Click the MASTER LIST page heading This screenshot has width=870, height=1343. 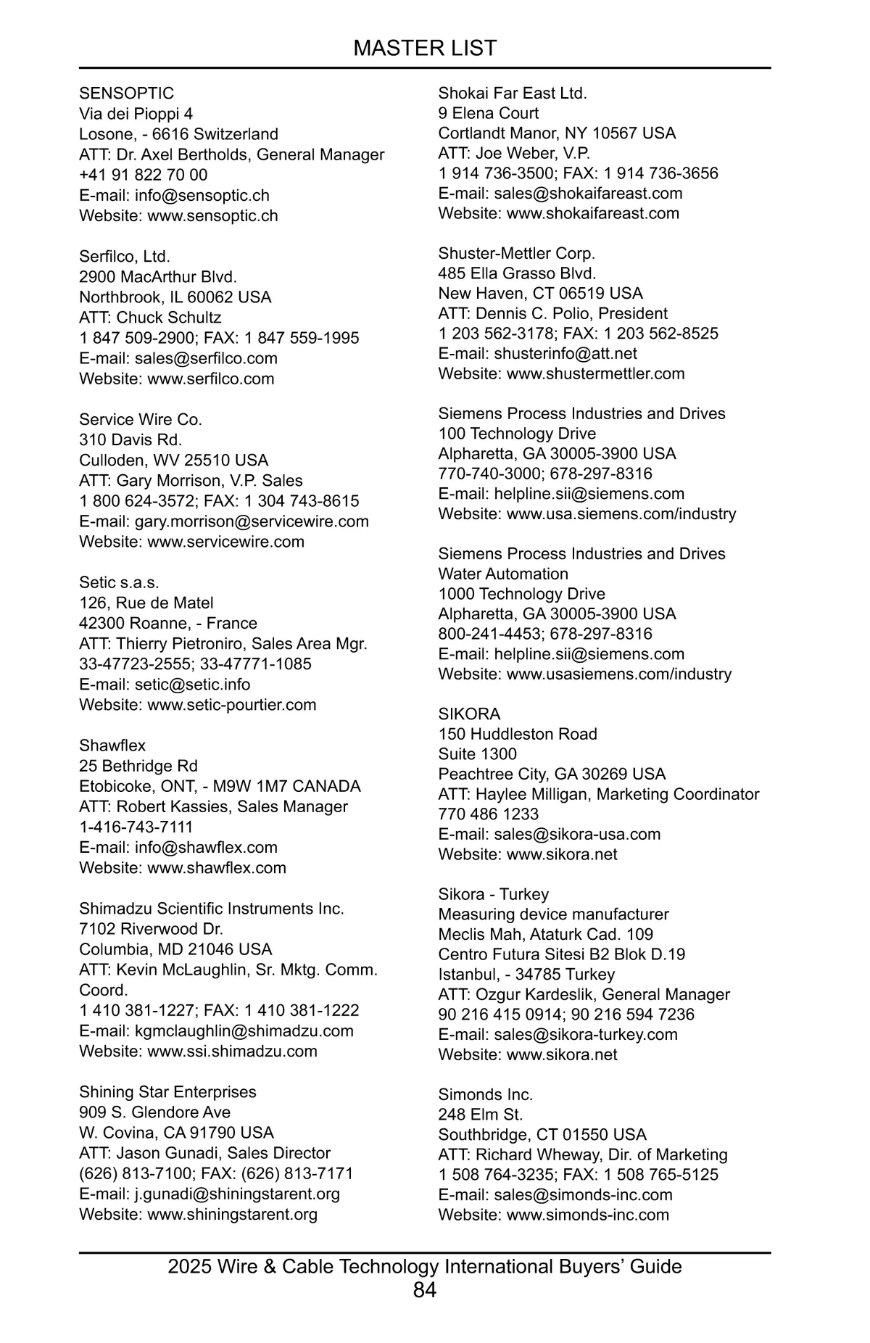pyautogui.click(x=425, y=48)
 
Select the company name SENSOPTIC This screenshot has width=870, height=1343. pyautogui.click(x=126, y=94)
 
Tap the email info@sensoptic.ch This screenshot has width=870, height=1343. pyautogui.click(x=202, y=195)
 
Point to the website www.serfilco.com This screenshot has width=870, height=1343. pyautogui.click(x=210, y=379)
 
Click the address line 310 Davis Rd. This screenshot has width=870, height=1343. pyautogui.click(x=130, y=439)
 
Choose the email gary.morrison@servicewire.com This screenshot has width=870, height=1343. pyautogui.click(x=252, y=521)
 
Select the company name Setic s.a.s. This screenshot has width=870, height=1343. pyautogui.click(x=119, y=582)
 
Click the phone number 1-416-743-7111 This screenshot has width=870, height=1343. pyautogui.click(x=136, y=827)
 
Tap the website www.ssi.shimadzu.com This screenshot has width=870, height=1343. pyautogui.click(x=232, y=1051)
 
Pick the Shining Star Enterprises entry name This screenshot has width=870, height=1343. pyautogui.click(x=167, y=1091)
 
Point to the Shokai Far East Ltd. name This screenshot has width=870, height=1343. pyautogui.click(x=513, y=93)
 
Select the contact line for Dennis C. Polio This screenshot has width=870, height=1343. pyautogui.click(x=552, y=313)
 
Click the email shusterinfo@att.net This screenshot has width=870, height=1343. pyautogui.click(x=565, y=353)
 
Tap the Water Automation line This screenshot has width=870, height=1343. pyautogui.click(x=503, y=574)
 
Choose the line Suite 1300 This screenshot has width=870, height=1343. pyautogui.click(x=477, y=753)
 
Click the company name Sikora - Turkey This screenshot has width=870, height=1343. pyautogui.click(x=493, y=894)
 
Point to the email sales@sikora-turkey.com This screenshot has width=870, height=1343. pyautogui.click(x=586, y=1034)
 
